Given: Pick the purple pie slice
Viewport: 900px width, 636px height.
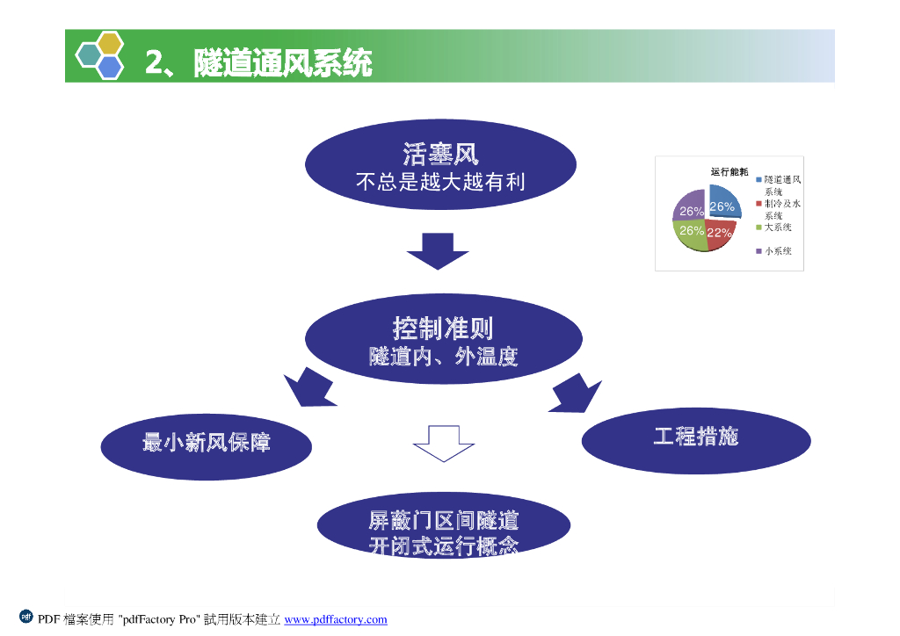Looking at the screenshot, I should pyautogui.click(x=690, y=206).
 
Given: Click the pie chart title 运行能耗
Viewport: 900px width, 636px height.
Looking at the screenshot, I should pyautogui.click(x=729, y=171).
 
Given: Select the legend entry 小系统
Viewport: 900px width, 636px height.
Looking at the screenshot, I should pyautogui.click(x=778, y=251).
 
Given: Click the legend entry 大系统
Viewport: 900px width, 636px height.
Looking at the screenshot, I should pyautogui.click(x=778, y=228).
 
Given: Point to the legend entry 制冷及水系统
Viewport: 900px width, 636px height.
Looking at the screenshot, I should pyautogui.click(x=781, y=209).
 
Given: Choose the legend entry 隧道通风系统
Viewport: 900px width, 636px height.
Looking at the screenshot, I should pyautogui.click(x=781, y=184).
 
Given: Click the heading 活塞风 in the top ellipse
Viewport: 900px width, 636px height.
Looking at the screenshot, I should pyautogui.click(x=440, y=155).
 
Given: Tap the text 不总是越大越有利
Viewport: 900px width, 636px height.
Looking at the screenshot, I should pyautogui.click(x=440, y=182).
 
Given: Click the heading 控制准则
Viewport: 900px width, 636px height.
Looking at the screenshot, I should pyautogui.click(x=443, y=329).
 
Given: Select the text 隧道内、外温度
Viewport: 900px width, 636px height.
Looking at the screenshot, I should pyautogui.click(x=443, y=357).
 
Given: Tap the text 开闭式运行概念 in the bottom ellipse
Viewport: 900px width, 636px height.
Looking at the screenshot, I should pyautogui.click(x=443, y=546).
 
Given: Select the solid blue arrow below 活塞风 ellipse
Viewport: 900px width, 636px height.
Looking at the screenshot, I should pyautogui.click(x=438, y=250).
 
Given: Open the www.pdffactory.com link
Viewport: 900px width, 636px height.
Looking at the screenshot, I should pyautogui.click(x=336, y=619).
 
